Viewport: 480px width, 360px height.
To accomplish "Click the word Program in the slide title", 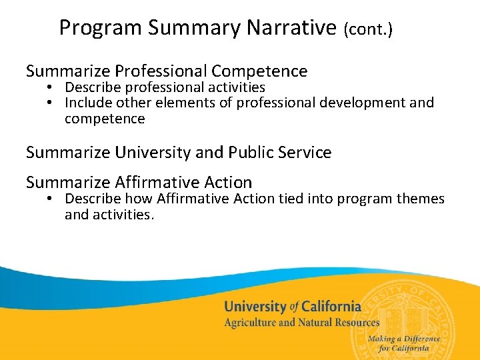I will point(101,28).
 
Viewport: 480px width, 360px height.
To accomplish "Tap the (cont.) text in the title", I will point(368,29).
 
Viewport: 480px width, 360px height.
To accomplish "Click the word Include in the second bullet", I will point(87,103).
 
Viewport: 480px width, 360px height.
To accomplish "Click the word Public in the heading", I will point(249,152).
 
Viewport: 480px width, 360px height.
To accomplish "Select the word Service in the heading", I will point(304,152).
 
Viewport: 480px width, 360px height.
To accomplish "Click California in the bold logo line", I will point(331,307).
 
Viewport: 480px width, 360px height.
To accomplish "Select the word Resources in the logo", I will point(353,323).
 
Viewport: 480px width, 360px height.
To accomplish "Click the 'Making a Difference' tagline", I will point(409,339).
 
